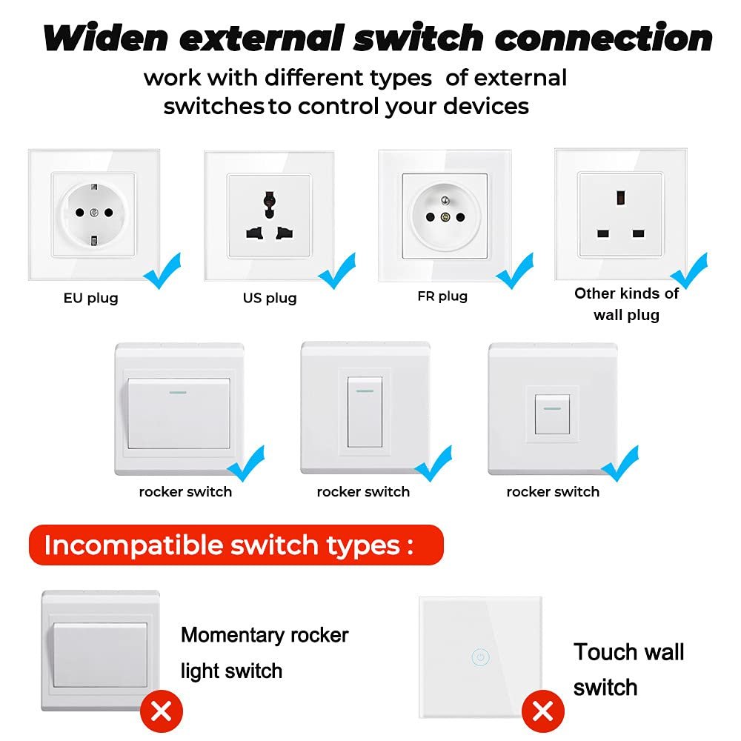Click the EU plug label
click(90, 299)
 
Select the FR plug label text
click(442, 296)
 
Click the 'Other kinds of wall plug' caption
click(626, 304)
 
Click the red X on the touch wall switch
click(542, 712)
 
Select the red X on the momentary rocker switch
click(161, 712)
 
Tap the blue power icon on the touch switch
click(480, 657)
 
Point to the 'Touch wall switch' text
click(628, 670)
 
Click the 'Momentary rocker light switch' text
click(264, 653)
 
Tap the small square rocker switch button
click(552, 414)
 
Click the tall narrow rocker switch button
click(365, 412)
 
